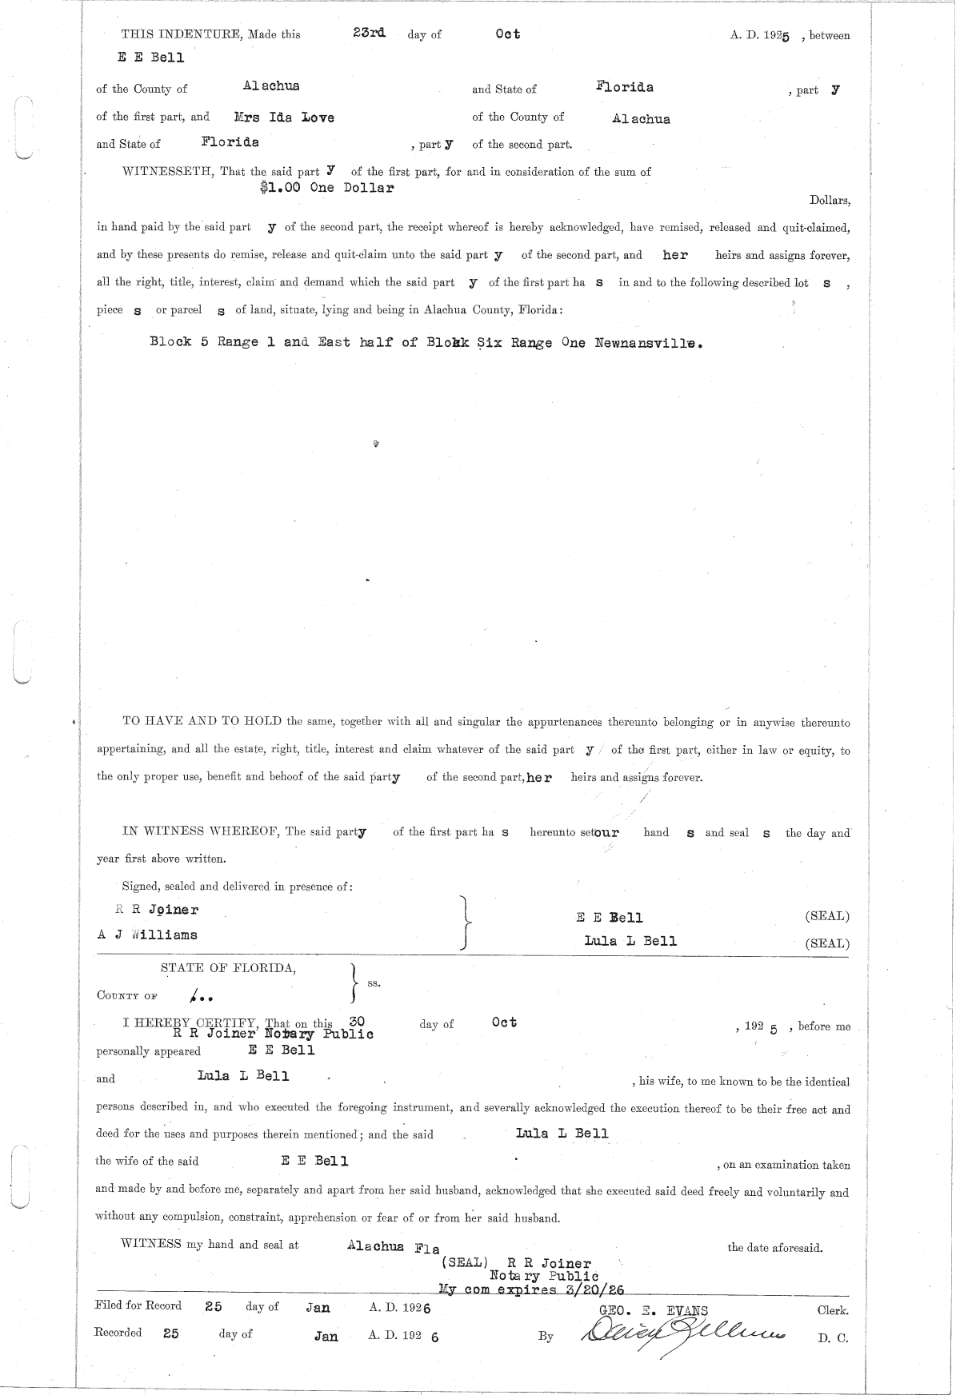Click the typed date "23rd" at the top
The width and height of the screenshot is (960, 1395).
point(370,33)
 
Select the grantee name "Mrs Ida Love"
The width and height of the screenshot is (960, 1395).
point(284,118)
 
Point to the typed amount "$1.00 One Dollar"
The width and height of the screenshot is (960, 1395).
point(327,189)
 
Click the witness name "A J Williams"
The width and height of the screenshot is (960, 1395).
point(147,935)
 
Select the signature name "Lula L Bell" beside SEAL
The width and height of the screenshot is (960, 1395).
point(630,941)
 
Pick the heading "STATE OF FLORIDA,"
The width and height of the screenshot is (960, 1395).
point(228,968)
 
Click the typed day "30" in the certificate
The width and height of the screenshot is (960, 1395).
point(358,1021)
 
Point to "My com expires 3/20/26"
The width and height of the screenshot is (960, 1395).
point(531,1289)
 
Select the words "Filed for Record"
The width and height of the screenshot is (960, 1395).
point(138,1305)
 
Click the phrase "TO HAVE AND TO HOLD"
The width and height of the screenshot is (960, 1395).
point(202,721)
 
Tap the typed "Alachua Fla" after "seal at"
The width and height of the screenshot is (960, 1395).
point(394,1246)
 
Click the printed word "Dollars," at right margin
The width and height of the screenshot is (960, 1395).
point(830,201)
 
